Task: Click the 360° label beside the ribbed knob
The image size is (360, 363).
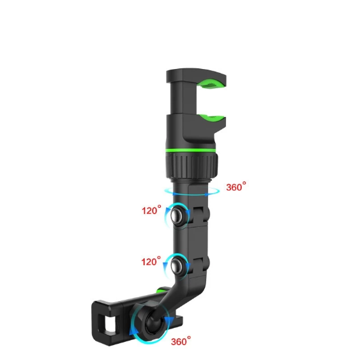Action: coord(236,187)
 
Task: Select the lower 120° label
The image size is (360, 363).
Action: coord(151,262)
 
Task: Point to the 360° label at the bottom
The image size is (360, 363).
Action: coord(181,341)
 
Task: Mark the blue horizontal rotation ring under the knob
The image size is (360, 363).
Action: coord(191,190)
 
